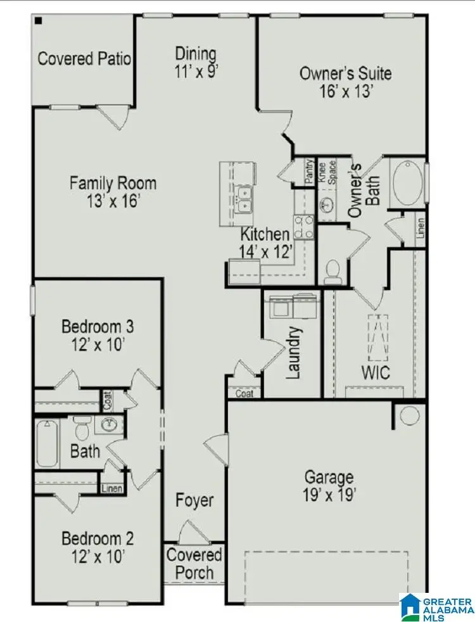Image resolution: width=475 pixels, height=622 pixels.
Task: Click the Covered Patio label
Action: (x=84, y=59)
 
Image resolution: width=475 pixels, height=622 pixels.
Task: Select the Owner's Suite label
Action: (x=345, y=73)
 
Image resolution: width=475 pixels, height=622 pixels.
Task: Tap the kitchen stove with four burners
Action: (x=303, y=226)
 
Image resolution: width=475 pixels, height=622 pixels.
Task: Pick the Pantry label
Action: (x=310, y=172)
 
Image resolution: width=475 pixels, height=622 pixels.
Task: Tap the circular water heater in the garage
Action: (x=409, y=416)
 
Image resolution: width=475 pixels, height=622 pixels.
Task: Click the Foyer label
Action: (x=194, y=500)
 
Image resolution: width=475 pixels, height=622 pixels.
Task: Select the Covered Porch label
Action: (x=194, y=564)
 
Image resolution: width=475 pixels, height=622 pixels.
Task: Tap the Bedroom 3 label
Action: (x=98, y=327)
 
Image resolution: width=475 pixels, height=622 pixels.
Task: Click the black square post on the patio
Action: (x=39, y=21)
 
